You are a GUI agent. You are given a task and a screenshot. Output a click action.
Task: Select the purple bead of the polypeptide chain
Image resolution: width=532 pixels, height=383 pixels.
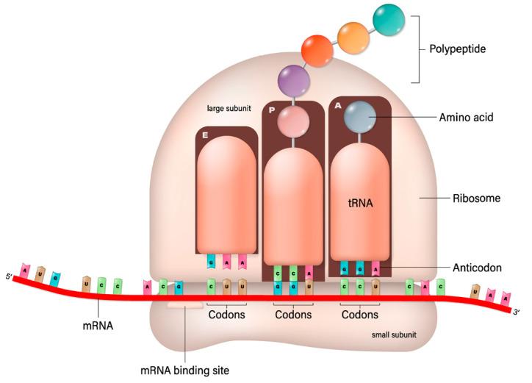pos(293,78)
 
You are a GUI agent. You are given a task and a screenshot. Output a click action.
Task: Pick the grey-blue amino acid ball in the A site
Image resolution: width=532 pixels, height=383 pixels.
pos(360,116)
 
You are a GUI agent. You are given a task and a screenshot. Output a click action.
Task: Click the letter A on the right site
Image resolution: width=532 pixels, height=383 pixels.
pos(337,105)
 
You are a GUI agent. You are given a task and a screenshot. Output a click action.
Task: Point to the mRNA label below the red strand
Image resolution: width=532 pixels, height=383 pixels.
pos(99,321)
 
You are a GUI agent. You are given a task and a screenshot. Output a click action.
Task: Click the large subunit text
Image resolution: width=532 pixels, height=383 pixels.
pos(229,109)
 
